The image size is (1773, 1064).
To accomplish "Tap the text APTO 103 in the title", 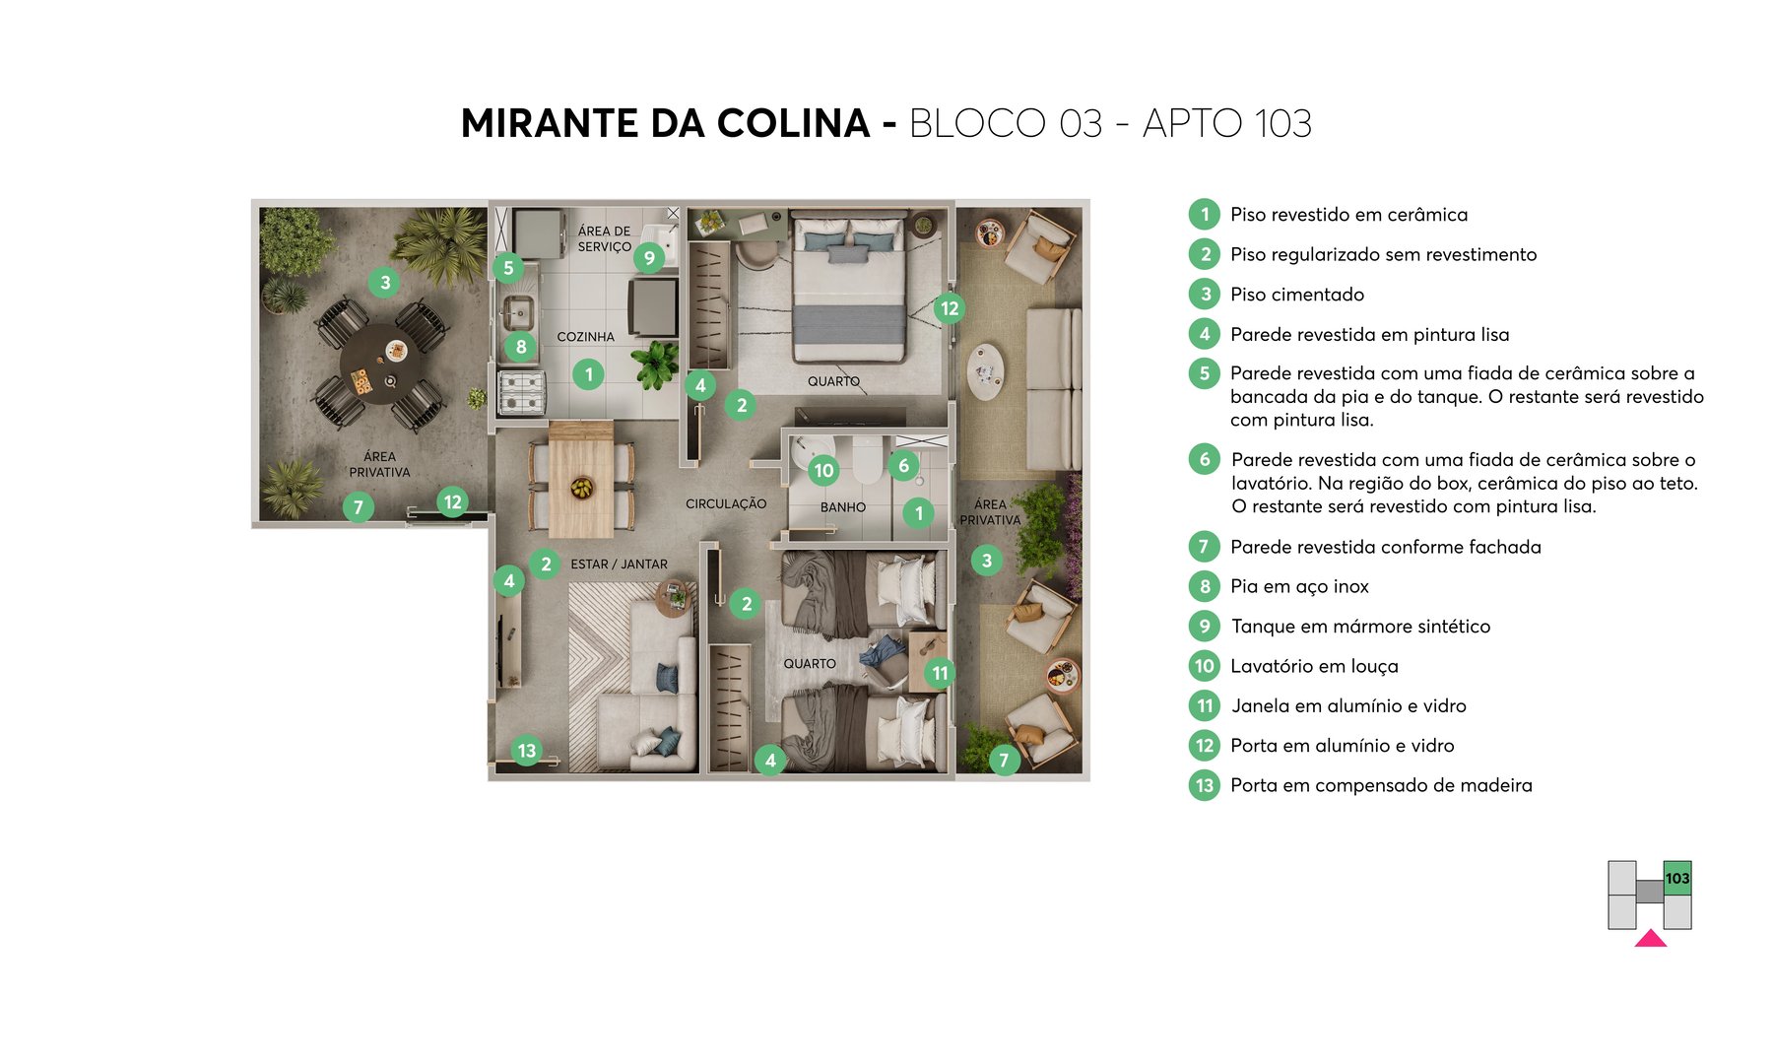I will click(1226, 124).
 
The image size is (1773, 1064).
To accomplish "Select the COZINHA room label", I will click(585, 337).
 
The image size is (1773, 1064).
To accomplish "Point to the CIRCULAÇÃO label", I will click(726, 503).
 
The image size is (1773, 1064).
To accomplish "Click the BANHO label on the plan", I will click(843, 507).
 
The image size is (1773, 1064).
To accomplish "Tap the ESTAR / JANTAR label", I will click(619, 565).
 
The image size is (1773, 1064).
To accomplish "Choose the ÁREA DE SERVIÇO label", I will click(604, 239).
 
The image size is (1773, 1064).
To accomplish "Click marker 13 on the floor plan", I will click(527, 751).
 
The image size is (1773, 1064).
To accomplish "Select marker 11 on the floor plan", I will click(940, 674).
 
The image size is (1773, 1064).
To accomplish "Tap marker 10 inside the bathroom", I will click(823, 471).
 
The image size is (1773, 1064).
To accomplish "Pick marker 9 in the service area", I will click(649, 258).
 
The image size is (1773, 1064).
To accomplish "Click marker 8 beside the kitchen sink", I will click(521, 347).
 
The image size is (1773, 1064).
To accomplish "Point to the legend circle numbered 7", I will click(1204, 547).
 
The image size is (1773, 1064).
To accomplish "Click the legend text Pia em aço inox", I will click(1299, 587).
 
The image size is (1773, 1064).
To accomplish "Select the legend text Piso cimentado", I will click(1297, 295).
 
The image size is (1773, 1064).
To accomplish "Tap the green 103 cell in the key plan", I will click(1677, 878).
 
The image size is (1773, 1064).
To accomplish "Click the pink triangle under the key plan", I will click(1651, 939).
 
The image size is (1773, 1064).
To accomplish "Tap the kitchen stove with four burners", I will click(521, 392).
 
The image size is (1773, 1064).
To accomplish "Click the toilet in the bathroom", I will click(867, 460).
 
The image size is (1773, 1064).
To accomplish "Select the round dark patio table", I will click(379, 365).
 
